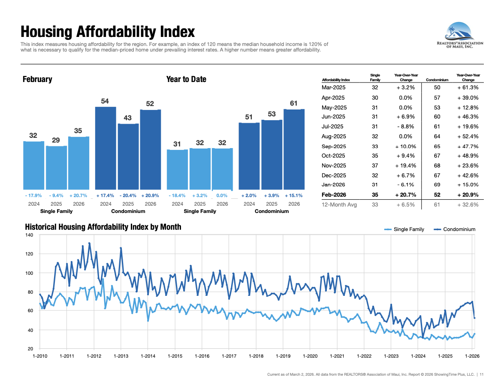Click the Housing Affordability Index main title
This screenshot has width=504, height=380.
tap(108, 32)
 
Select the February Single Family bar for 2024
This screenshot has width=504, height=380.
tap(34, 165)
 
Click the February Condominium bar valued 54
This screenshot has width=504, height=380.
tap(106, 148)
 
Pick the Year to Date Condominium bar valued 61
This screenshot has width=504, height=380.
tap(294, 149)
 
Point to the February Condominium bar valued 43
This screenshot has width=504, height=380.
tap(128, 157)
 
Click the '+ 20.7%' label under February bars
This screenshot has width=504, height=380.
tap(78, 195)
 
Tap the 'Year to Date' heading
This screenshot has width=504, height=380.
tap(186, 79)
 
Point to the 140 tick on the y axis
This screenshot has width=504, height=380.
tap(29, 235)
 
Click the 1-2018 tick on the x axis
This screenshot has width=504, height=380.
tap(256, 356)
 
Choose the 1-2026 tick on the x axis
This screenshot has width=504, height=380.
tap(472, 356)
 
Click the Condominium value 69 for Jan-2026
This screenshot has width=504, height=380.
tap(437, 185)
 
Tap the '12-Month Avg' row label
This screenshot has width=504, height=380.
tap(339, 205)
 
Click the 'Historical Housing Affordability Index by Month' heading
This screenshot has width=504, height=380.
tap(103, 227)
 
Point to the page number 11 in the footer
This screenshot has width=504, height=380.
tap(482, 374)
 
